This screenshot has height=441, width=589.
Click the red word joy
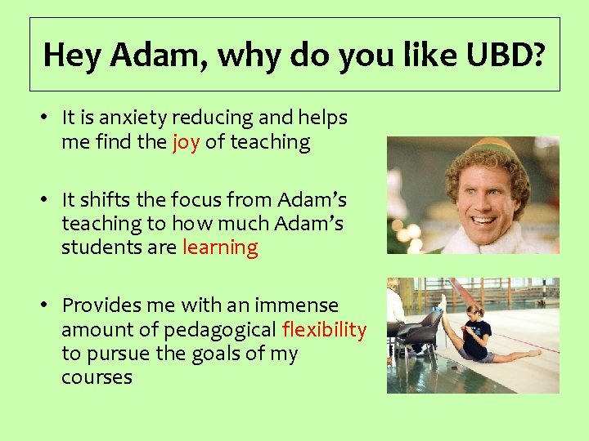point(186,142)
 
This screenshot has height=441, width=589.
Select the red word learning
point(220,247)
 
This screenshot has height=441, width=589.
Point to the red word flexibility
point(324,329)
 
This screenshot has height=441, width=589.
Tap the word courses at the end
point(97,377)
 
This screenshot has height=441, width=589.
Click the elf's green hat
point(483,147)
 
